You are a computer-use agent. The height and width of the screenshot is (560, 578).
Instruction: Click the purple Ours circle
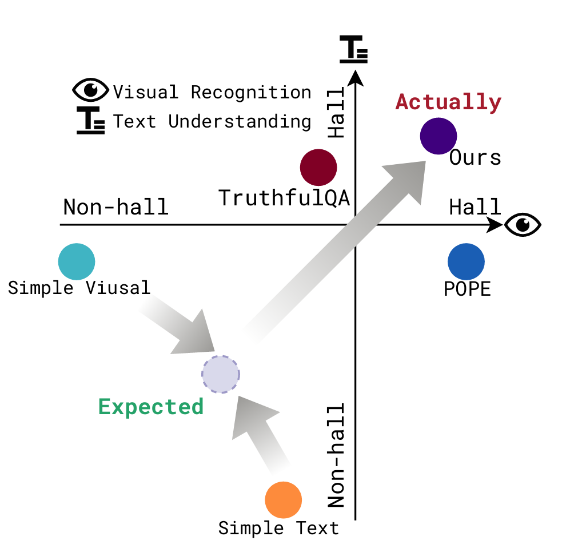click(x=439, y=136)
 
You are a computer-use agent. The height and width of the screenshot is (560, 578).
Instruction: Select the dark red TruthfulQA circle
click(x=318, y=168)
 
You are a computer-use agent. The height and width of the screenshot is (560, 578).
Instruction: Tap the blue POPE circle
click(x=466, y=262)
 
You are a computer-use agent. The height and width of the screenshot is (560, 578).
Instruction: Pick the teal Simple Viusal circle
click(x=77, y=261)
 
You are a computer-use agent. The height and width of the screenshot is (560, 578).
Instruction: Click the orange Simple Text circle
click(x=283, y=500)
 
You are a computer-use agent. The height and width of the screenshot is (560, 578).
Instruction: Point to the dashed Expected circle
click(x=221, y=375)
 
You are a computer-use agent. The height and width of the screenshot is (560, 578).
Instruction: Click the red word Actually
click(x=448, y=102)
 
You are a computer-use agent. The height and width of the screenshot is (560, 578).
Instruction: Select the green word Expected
click(x=151, y=407)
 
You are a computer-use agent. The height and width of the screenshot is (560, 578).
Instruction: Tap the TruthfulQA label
click(x=284, y=198)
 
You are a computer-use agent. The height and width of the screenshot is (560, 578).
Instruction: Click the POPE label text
click(x=467, y=289)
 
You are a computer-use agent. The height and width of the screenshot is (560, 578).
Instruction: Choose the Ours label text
click(x=475, y=157)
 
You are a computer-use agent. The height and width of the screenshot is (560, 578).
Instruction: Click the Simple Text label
click(x=278, y=528)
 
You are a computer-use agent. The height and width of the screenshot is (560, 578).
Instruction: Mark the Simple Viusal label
click(x=79, y=287)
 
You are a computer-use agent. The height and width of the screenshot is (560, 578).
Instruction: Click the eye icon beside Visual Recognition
click(x=90, y=90)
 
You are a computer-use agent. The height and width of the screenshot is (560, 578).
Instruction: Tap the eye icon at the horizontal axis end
click(x=522, y=224)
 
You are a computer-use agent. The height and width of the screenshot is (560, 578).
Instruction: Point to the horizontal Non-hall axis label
click(x=115, y=206)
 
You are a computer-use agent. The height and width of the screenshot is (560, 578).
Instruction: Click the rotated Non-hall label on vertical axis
click(x=336, y=455)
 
